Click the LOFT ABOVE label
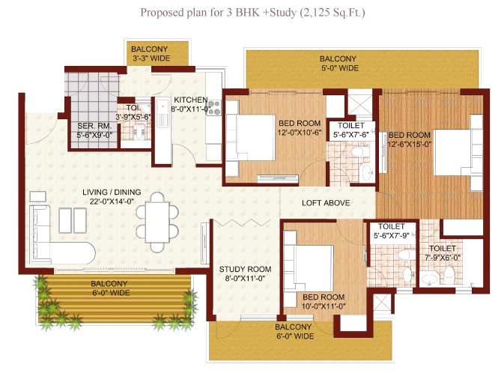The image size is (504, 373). pyautogui.click(x=326, y=203)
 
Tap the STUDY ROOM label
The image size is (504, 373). pyautogui.click(x=245, y=269)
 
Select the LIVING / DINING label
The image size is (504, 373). pyautogui.click(x=112, y=192)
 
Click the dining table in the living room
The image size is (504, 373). pyautogui.click(x=157, y=222)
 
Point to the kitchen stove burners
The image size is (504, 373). pyautogui.click(x=214, y=108)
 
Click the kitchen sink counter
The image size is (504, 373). pyautogui.click(x=163, y=130)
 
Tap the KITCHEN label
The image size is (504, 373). pyautogui.click(x=191, y=100)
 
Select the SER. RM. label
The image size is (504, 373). pyautogui.click(x=94, y=126)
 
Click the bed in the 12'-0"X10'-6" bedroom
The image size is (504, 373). pyautogui.click(x=250, y=138)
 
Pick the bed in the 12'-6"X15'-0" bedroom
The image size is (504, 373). pyautogui.click(x=458, y=152)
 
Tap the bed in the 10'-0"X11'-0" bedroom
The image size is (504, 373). pyautogui.click(x=309, y=268)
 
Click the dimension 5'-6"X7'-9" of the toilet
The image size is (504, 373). pyautogui.click(x=391, y=236)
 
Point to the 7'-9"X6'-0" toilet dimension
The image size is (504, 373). pyautogui.click(x=443, y=258)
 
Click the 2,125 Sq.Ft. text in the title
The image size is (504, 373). pyautogui.click(x=332, y=13)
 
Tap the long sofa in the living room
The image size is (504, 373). pyautogui.click(x=40, y=234)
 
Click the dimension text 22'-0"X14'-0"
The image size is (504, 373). pyautogui.click(x=112, y=201)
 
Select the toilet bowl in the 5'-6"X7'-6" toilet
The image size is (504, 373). pyautogui.click(x=356, y=151)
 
